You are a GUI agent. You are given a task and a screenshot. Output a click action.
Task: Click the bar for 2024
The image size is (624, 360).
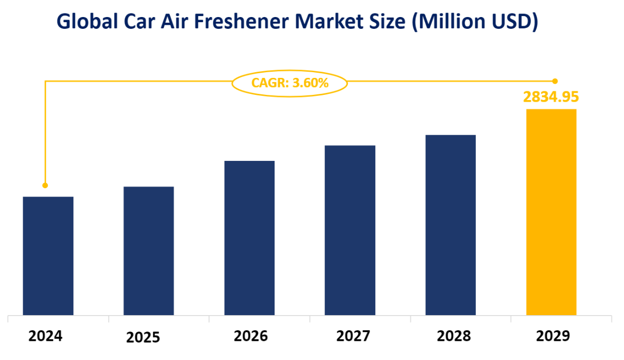(48, 256)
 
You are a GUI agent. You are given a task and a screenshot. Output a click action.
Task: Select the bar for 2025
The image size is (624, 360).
(149, 251)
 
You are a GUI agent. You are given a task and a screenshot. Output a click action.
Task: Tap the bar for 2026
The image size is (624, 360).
(249, 238)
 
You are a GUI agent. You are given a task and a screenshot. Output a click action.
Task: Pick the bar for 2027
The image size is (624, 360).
(350, 230)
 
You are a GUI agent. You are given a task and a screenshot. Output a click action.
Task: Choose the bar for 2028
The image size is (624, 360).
(451, 225)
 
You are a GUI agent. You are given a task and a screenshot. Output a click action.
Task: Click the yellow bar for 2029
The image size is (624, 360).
(551, 212)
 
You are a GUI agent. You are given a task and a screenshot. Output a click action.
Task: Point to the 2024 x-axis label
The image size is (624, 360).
(45, 336)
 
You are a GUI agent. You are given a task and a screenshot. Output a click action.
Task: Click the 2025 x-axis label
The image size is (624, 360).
(143, 338)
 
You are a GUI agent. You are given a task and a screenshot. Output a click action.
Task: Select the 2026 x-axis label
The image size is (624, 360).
(251, 336)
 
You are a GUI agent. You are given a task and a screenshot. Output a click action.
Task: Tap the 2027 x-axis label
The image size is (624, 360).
(354, 336)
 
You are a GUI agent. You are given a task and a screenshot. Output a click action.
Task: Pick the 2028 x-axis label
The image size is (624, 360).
(454, 336)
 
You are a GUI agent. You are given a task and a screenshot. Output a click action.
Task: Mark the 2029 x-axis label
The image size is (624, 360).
(553, 336)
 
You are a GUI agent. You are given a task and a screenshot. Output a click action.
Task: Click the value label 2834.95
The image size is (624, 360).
(551, 96)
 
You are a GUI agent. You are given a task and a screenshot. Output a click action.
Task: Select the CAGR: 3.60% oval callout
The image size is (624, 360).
(290, 82)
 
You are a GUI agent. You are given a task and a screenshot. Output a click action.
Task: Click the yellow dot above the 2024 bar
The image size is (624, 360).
(45, 185)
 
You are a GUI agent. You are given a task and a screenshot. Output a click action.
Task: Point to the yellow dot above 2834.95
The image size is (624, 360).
(555, 81)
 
